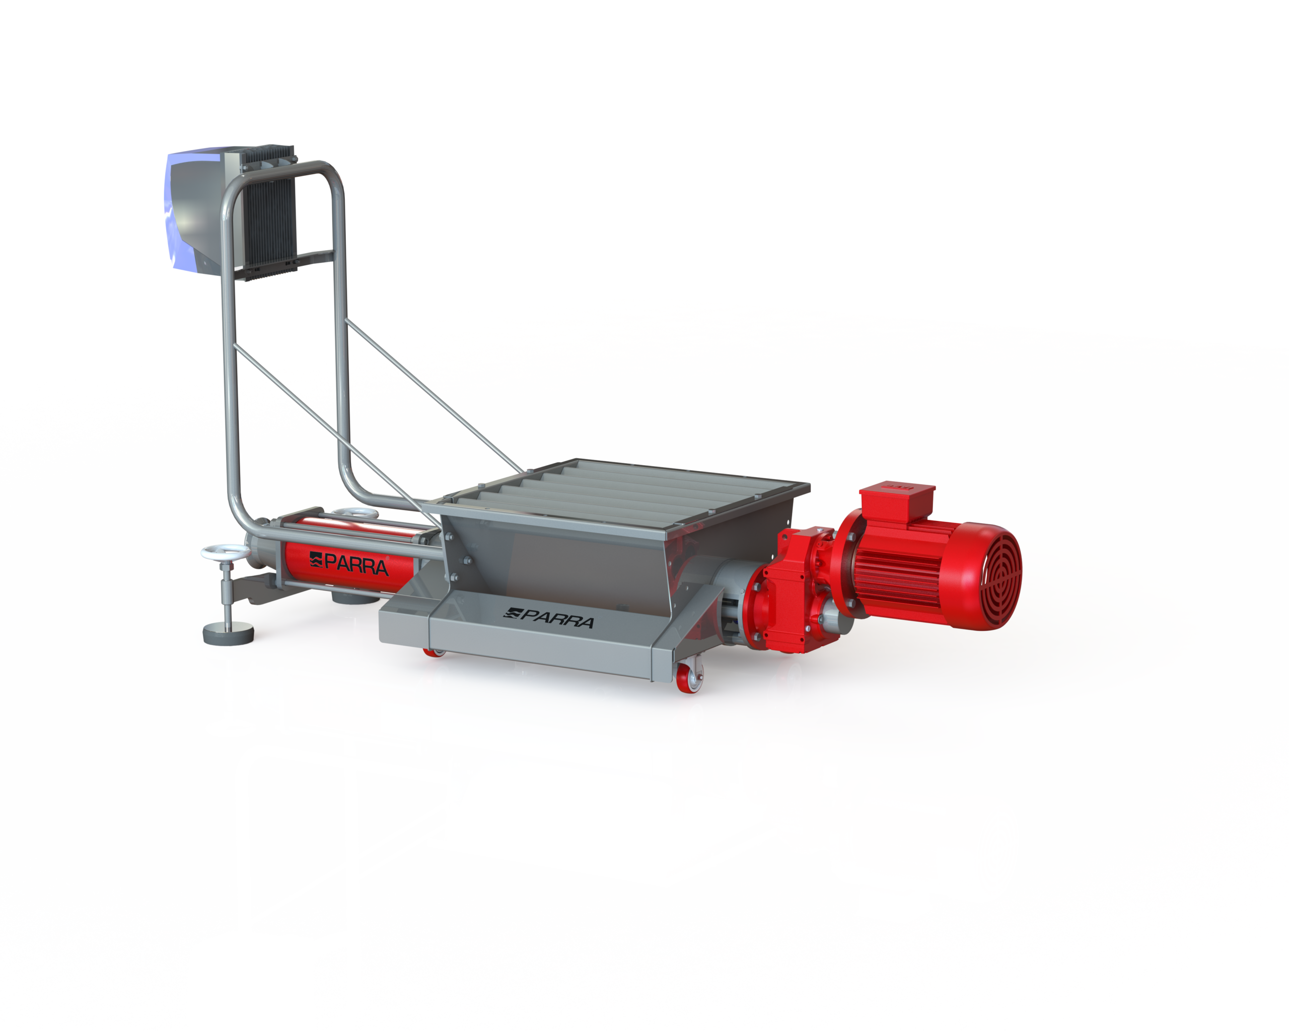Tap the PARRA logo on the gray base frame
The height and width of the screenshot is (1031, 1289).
click(549, 619)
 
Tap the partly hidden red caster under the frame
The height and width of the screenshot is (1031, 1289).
click(435, 652)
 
